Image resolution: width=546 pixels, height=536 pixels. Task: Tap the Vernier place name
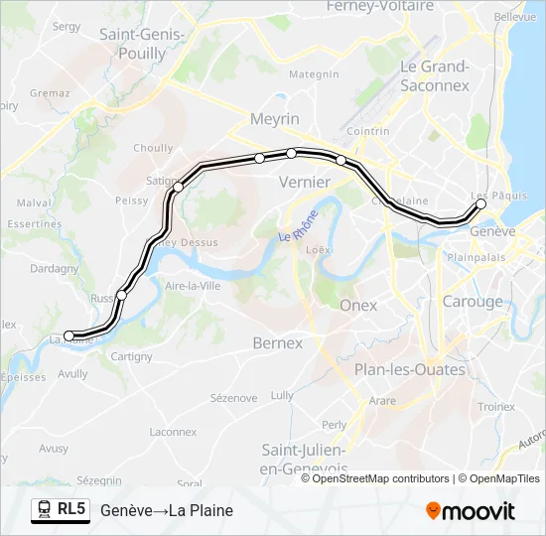[x=304, y=182]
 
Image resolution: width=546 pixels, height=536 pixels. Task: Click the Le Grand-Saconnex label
[x=434, y=75]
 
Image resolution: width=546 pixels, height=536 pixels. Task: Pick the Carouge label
[x=473, y=302]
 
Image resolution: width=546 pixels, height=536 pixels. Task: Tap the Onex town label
[x=358, y=306]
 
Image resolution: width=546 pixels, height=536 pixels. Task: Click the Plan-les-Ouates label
[x=410, y=370]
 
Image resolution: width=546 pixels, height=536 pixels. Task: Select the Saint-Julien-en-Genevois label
[x=304, y=459]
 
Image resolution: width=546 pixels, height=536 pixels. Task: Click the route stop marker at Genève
[x=481, y=203]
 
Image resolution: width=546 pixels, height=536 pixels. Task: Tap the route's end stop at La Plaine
[x=68, y=335]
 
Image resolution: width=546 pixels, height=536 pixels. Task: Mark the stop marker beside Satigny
[x=179, y=187]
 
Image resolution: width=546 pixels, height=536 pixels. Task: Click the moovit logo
[x=471, y=511]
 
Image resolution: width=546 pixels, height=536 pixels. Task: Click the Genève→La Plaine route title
[x=166, y=511]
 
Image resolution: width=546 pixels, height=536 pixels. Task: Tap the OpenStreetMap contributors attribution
[x=381, y=479]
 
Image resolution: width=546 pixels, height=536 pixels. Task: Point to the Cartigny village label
[x=132, y=356]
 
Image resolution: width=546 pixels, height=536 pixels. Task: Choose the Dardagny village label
[x=55, y=268]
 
